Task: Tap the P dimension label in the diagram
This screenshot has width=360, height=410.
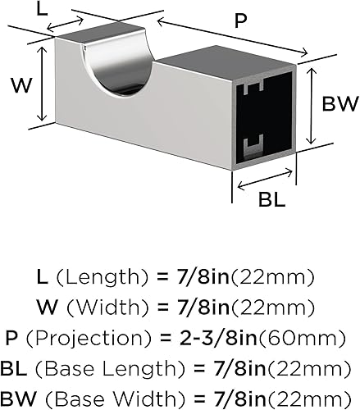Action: pos(239,22)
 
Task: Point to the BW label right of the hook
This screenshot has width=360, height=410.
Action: pos(338,104)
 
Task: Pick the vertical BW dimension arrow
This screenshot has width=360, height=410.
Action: pos(312,104)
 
